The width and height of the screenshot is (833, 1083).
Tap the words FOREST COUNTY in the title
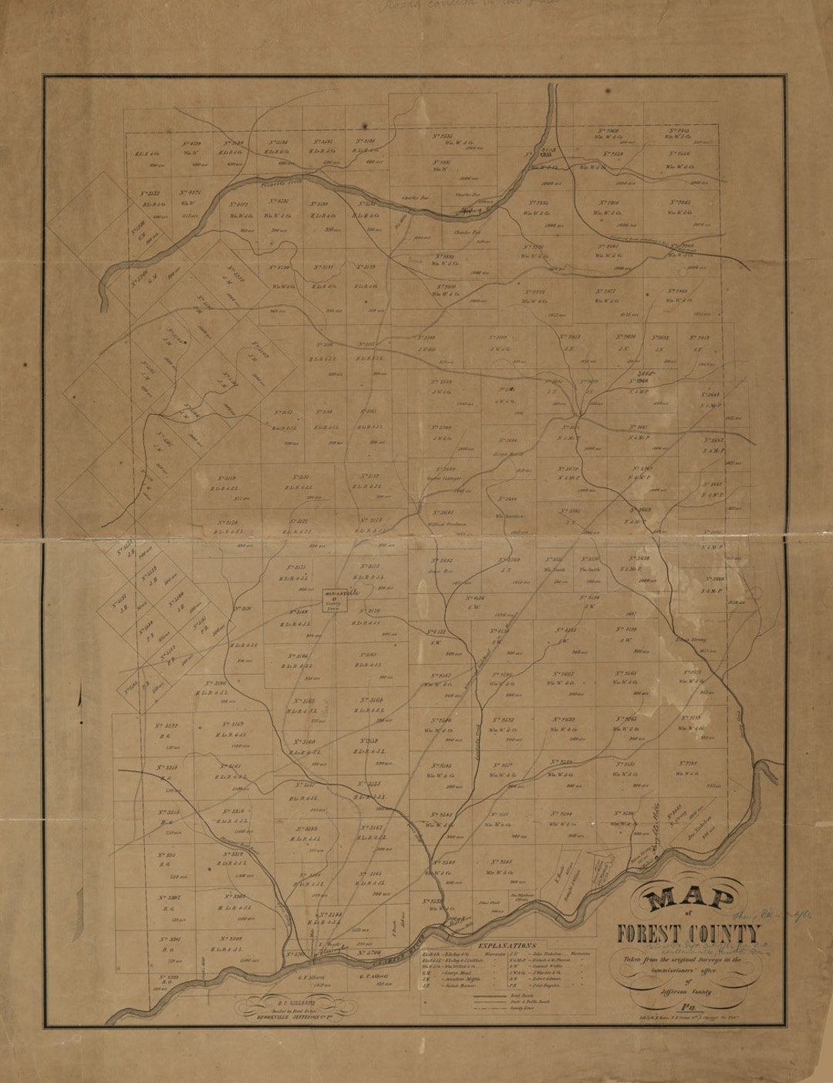(x=688, y=933)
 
